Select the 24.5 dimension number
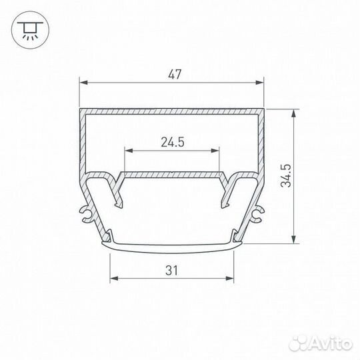pyautogui.click(x=172, y=141)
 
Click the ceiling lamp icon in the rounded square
pyautogui.click(x=29, y=29)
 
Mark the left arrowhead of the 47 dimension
pyautogui.click(x=83, y=83)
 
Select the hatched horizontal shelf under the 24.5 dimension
pyautogui.click(x=172, y=173)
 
